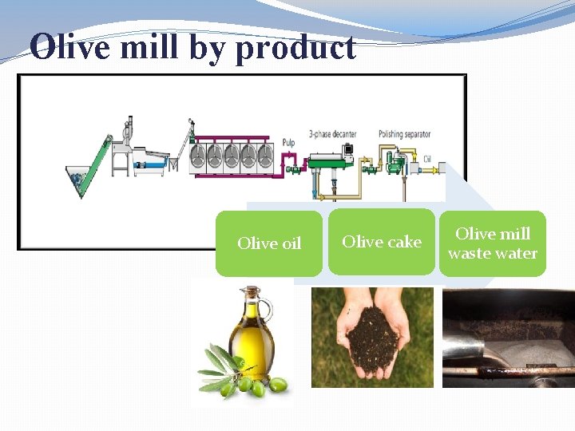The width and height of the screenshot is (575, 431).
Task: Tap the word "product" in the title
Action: click(x=295, y=49)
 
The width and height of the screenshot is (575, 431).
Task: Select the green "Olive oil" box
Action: click(x=269, y=243)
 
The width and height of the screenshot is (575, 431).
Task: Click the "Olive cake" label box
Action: click(x=382, y=241)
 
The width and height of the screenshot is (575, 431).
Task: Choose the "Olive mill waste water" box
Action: click(x=492, y=243)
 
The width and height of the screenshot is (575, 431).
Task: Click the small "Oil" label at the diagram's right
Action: click(x=427, y=159)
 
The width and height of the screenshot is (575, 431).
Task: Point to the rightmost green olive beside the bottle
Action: click(x=278, y=385)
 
